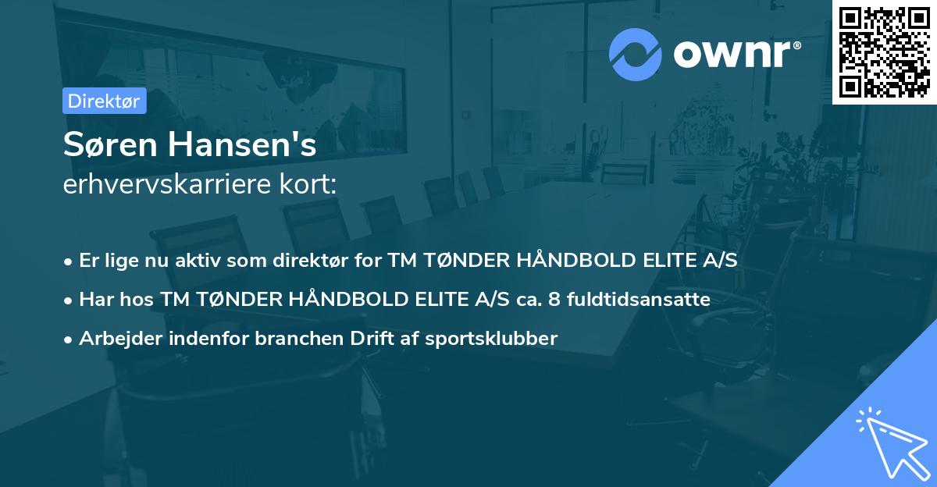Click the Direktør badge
coord(104,101)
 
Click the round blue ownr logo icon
coord(636,54)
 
